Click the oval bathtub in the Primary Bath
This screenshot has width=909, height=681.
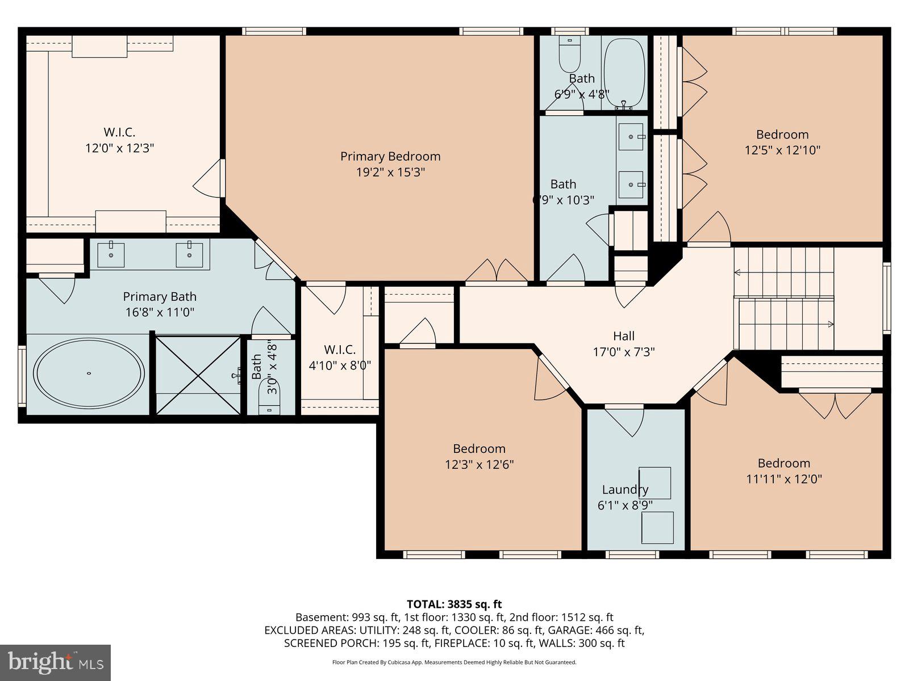(x=89, y=373)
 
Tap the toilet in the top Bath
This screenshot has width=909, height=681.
(x=569, y=53)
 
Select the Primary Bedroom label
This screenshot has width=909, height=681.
(x=390, y=156)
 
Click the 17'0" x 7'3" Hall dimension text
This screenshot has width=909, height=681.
(x=624, y=352)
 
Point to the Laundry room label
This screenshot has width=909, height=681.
(x=625, y=489)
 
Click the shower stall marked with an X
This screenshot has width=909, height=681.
(x=198, y=375)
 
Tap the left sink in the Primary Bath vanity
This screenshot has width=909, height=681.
(x=112, y=255)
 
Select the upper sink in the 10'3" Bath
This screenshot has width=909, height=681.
(x=631, y=137)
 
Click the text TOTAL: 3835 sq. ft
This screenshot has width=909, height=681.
(x=454, y=604)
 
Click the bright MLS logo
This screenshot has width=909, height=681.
(x=56, y=662)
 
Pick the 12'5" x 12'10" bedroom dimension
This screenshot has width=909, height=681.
(x=782, y=150)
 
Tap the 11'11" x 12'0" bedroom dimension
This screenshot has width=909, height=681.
(x=783, y=479)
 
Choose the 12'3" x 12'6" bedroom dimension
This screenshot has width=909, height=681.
(x=479, y=465)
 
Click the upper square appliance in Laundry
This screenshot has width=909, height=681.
(x=655, y=483)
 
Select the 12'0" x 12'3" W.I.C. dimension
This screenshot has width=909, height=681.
(x=119, y=148)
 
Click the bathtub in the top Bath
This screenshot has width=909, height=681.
(x=624, y=73)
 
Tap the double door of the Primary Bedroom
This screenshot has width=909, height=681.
(x=497, y=272)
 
